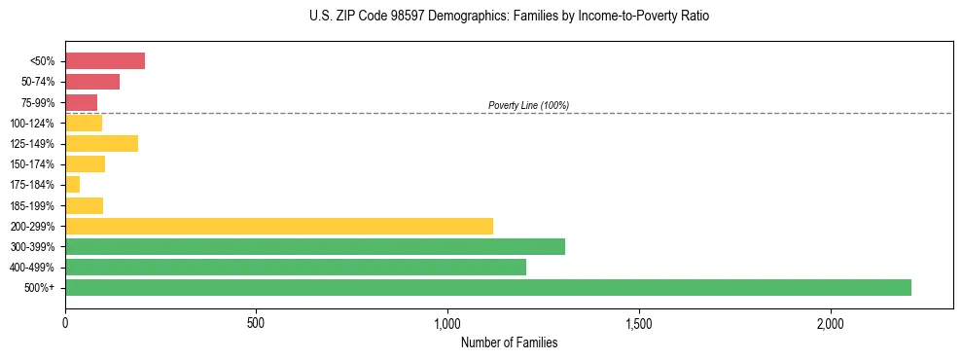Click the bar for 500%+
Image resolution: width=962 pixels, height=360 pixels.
point(487,287)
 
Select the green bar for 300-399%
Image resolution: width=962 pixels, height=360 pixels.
point(314,246)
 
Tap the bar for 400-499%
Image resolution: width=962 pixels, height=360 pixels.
point(295,267)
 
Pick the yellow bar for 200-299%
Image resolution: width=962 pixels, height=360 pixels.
point(278,226)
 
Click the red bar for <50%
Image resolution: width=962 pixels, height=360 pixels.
point(105,61)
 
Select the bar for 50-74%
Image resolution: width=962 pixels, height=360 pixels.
point(92,82)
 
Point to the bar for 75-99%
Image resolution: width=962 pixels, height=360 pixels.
point(81,102)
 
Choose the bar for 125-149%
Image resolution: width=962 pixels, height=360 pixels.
point(101,144)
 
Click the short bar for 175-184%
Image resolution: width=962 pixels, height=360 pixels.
point(72,185)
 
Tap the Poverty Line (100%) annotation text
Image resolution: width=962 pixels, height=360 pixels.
point(528,105)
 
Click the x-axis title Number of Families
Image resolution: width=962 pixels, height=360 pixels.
point(509,342)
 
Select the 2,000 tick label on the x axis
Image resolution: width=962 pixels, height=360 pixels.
point(830,322)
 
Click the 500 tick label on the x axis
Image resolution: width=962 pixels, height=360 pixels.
point(256,322)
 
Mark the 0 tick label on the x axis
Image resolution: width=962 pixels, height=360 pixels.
point(65,322)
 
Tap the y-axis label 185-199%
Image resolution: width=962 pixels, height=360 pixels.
point(33,205)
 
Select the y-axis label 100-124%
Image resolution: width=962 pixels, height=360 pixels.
point(33,124)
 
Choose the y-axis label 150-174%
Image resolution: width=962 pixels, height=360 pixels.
point(33,164)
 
